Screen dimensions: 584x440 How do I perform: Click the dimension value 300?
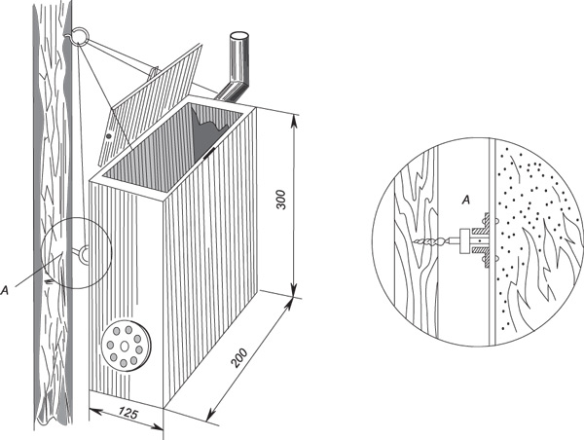[x=282, y=200]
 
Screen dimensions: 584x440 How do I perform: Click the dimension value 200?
[x=238, y=357]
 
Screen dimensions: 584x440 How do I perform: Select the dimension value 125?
[x=128, y=413]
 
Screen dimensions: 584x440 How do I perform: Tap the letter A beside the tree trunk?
[x=5, y=290]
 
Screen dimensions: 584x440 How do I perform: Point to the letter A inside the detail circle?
[x=465, y=201]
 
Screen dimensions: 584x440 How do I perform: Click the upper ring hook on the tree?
[x=80, y=37]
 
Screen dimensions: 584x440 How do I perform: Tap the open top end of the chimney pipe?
[x=239, y=36]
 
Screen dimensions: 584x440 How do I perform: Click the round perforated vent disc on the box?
[x=126, y=345]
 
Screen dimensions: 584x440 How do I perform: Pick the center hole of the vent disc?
[x=125, y=347]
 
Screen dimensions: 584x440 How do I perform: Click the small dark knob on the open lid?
[x=109, y=136]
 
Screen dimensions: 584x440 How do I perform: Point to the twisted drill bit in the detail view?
[x=431, y=240]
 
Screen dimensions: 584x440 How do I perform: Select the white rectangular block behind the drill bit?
[x=465, y=241]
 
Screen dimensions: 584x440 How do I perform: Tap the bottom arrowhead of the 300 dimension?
[x=294, y=289]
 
